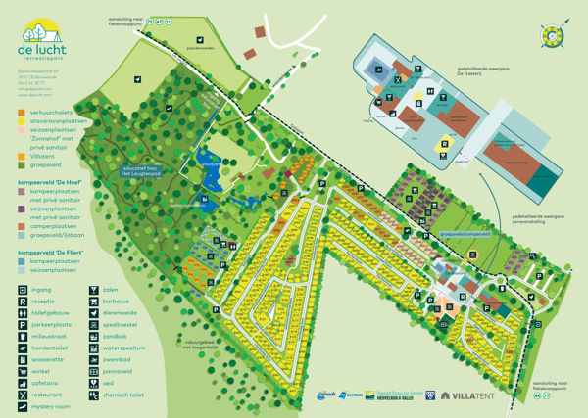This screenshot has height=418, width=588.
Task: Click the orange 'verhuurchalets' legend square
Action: [23, 111]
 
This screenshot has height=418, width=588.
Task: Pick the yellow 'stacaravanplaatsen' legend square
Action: [23, 120]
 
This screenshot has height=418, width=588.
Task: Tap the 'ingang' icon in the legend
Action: [24, 290]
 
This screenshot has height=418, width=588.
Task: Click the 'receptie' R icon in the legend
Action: [24, 302]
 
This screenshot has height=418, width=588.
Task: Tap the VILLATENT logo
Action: [473, 395]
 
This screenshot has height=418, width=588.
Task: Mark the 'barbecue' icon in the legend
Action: [94, 302]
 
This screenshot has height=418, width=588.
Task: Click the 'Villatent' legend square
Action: [23, 157]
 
